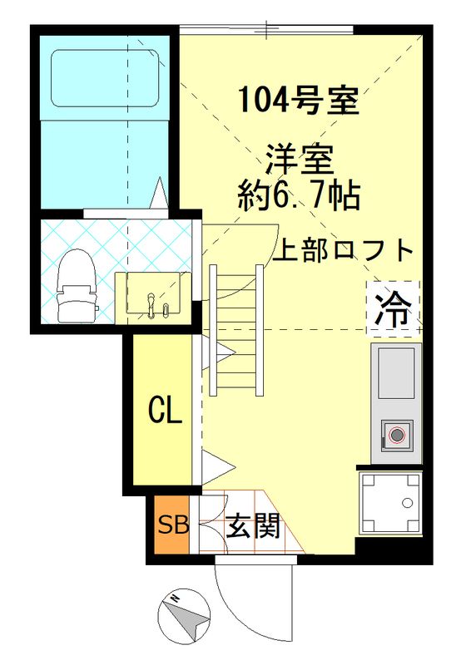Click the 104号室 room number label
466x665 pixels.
click(x=298, y=101)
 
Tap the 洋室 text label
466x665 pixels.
click(x=300, y=158)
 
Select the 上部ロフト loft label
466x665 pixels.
click(x=344, y=250)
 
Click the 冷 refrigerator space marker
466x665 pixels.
click(x=393, y=308)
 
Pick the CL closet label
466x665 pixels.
click(x=165, y=410)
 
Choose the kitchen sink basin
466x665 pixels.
click(x=396, y=372)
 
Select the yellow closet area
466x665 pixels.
click(x=163, y=407)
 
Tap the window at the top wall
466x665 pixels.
click(x=266, y=30)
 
